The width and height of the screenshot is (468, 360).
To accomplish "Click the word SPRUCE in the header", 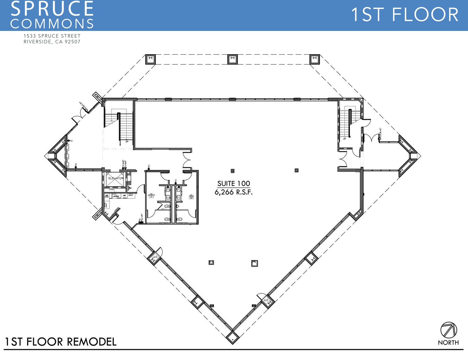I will click(52, 9).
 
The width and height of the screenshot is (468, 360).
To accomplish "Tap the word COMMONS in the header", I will click(52, 24).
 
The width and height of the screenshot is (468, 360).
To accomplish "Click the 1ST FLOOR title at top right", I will click(404, 15).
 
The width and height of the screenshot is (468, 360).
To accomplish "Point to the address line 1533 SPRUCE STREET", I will click(52, 36).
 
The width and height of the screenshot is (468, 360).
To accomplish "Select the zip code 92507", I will click(73, 42).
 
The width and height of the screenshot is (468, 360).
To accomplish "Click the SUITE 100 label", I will click(234, 183).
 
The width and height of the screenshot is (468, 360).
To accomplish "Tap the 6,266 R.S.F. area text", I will click(234, 192).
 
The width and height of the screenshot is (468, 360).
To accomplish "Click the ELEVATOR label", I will click(116, 178).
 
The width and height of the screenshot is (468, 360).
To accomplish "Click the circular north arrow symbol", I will click(449, 330).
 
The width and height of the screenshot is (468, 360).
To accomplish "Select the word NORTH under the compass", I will click(448, 342).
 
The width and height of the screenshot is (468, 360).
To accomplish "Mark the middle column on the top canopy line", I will click(232, 59).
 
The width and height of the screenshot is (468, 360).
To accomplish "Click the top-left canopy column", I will click(150, 59).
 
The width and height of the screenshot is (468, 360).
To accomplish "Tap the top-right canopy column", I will click(314, 59).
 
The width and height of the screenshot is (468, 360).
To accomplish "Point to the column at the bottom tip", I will click(233, 337).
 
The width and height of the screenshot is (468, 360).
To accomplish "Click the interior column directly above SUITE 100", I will click(233, 171).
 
